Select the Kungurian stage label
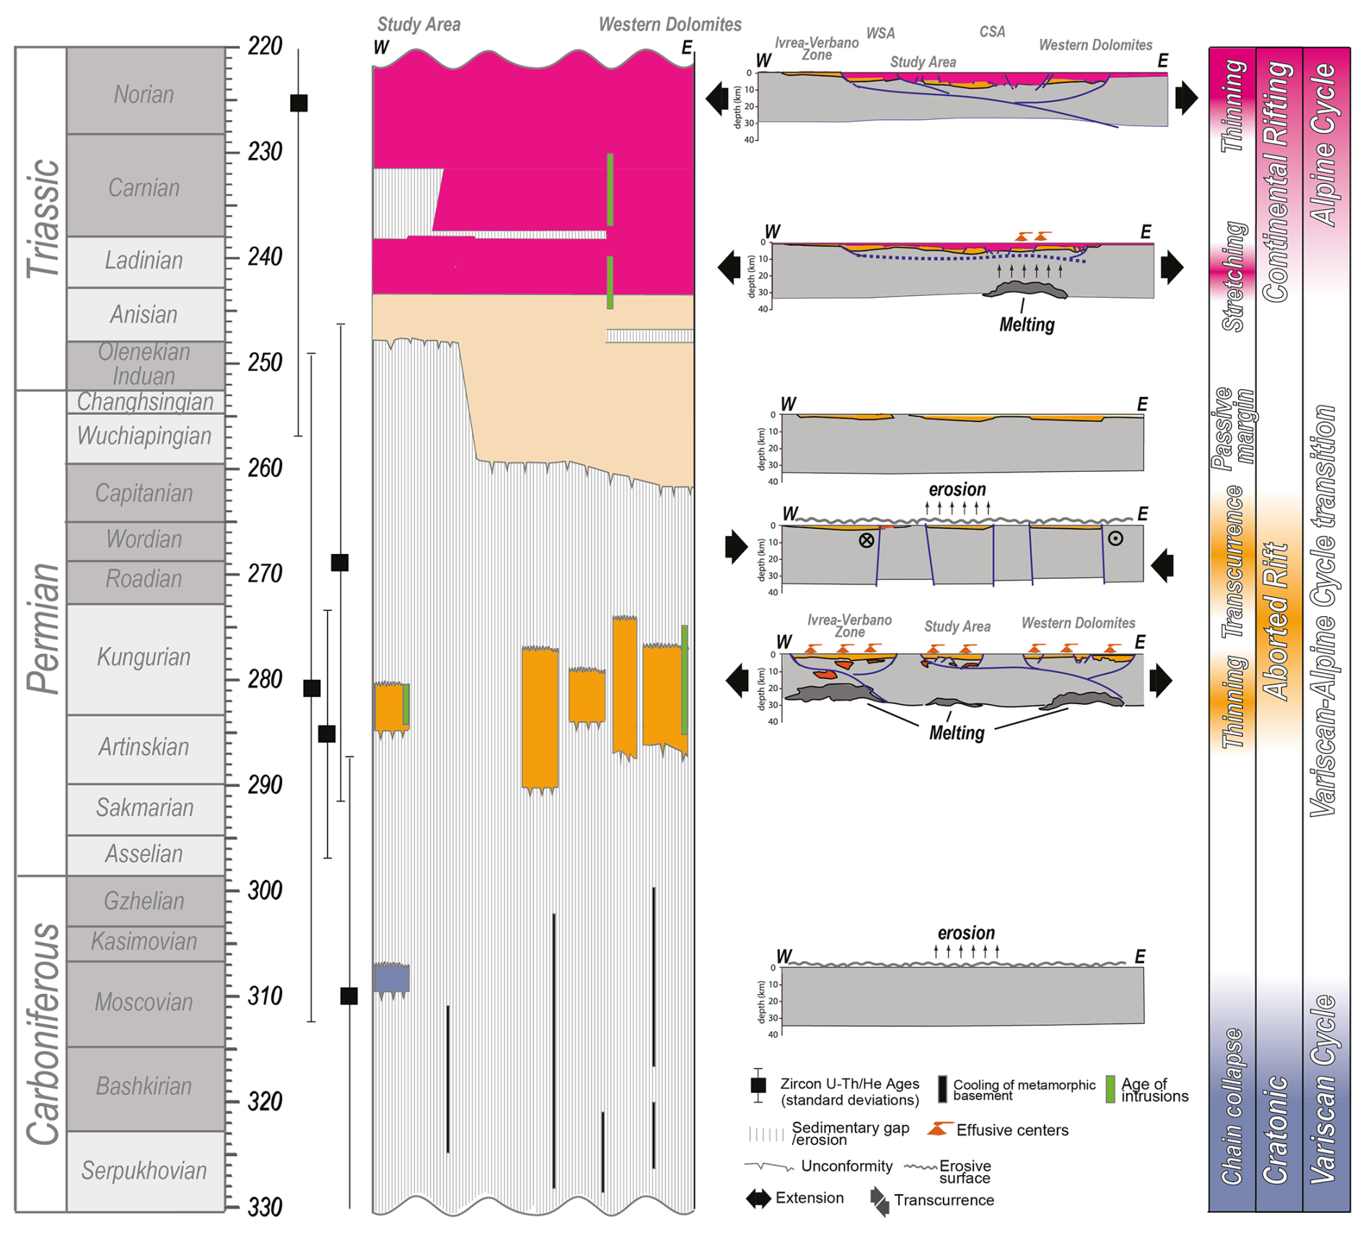(x=144, y=657)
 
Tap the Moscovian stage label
(x=144, y=1002)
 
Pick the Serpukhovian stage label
(x=144, y=1170)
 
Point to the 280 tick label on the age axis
(x=265, y=680)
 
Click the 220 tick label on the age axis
(x=265, y=46)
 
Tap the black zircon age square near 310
(x=349, y=996)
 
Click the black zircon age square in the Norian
(x=299, y=103)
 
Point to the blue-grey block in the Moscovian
(x=392, y=979)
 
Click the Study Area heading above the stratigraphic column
(x=418, y=25)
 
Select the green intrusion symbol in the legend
(x=1110, y=1089)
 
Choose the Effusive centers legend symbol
(x=937, y=1129)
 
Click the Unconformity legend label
(x=846, y=1166)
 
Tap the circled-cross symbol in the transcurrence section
(x=866, y=540)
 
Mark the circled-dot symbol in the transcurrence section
(x=1115, y=538)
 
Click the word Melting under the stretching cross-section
(x=1027, y=325)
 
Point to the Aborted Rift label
(x=1278, y=621)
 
